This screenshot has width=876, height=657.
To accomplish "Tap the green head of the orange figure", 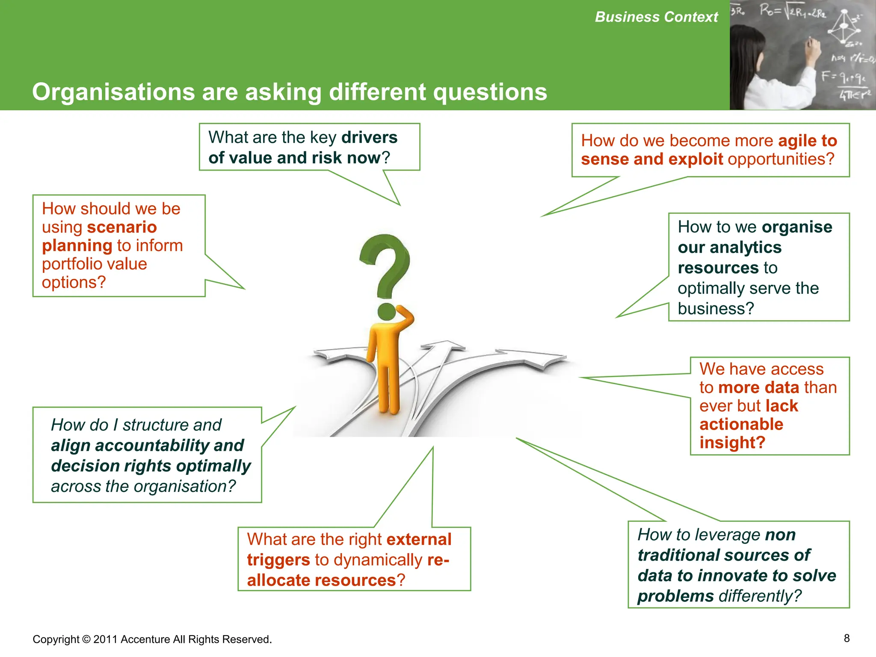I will (387, 311).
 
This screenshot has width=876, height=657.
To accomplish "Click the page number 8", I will (846, 638).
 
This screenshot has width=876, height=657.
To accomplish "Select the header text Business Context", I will (656, 17).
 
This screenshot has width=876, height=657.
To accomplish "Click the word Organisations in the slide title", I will (114, 92).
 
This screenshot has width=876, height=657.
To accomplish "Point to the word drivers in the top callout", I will (370, 137).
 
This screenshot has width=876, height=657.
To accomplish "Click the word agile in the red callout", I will (797, 141).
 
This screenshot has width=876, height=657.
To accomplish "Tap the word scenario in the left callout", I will (122, 227).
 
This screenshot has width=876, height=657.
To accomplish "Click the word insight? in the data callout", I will (732, 442).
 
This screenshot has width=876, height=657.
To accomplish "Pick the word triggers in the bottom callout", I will (278, 560).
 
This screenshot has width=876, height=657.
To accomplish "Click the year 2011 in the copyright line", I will (105, 639).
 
